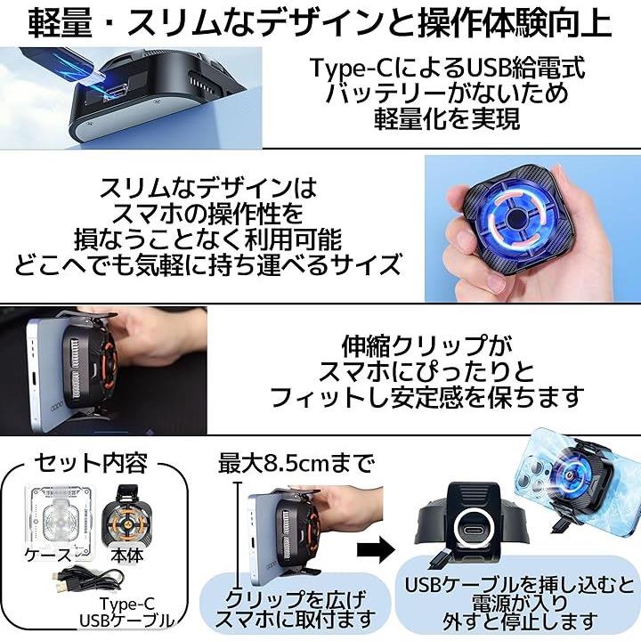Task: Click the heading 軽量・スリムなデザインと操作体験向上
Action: (320, 23)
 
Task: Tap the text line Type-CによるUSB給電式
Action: (447, 68)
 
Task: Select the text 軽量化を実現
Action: (447, 118)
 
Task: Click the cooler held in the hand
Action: (508, 220)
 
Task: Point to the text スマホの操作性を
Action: (207, 214)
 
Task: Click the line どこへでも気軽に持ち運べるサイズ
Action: (207, 264)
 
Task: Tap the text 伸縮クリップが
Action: (426, 345)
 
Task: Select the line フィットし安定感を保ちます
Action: (426, 396)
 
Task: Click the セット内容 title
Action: (91, 463)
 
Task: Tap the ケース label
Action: (48, 555)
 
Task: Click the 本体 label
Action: (127, 555)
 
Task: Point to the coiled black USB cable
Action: (87, 580)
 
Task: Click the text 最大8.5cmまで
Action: (296, 464)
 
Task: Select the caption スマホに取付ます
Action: (295, 619)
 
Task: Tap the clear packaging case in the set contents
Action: (61, 517)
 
